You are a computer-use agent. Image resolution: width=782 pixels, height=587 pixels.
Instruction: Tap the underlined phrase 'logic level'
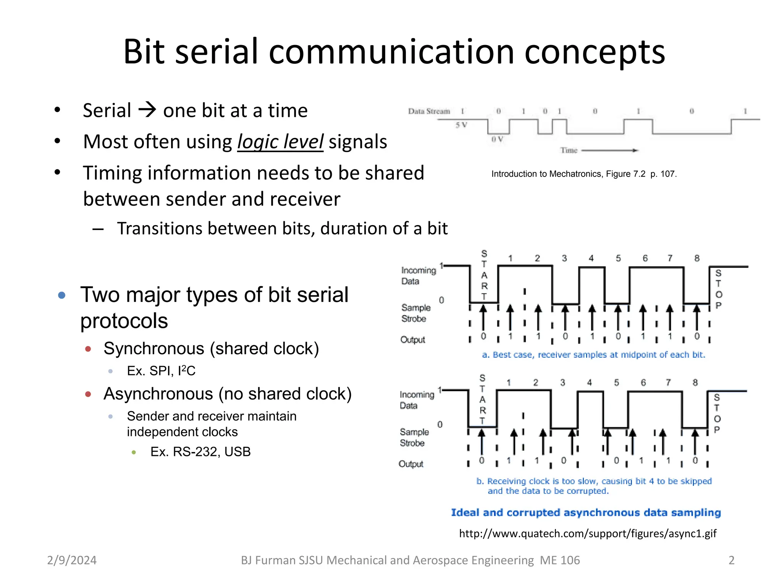[x=280, y=142]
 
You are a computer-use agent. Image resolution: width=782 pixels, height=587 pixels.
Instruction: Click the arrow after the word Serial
[x=147, y=110]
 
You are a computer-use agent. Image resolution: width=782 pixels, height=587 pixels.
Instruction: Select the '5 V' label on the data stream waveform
[x=461, y=125]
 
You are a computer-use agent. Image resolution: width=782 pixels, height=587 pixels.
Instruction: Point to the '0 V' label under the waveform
[x=497, y=139]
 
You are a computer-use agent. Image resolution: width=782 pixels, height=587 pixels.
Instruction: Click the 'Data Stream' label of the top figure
[x=429, y=111]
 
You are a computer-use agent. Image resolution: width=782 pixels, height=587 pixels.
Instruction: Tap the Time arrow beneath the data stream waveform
[x=609, y=151]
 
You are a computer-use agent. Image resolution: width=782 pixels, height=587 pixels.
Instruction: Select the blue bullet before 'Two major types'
[x=62, y=295]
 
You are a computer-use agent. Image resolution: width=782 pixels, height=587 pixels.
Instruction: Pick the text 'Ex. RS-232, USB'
[x=200, y=452]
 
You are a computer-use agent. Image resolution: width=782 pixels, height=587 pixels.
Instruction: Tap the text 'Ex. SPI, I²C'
[x=161, y=371]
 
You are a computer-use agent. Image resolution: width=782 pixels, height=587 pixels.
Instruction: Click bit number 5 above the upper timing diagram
[x=618, y=258]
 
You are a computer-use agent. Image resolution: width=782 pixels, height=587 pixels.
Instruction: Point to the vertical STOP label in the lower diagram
[x=717, y=413]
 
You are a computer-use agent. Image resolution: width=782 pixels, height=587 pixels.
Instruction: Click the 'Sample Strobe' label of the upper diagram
[x=415, y=313]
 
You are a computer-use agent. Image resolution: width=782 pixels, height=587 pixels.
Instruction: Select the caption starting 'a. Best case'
[x=593, y=355]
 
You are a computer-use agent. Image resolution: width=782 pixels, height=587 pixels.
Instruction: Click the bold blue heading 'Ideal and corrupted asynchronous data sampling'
[x=586, y=512]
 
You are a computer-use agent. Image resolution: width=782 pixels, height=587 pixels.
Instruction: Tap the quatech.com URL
[x=587, y=533]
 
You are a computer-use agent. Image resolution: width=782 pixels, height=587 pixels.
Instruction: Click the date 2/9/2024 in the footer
[x=72, y=560]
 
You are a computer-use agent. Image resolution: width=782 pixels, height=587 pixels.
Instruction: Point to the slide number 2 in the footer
[x=731, y=560]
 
